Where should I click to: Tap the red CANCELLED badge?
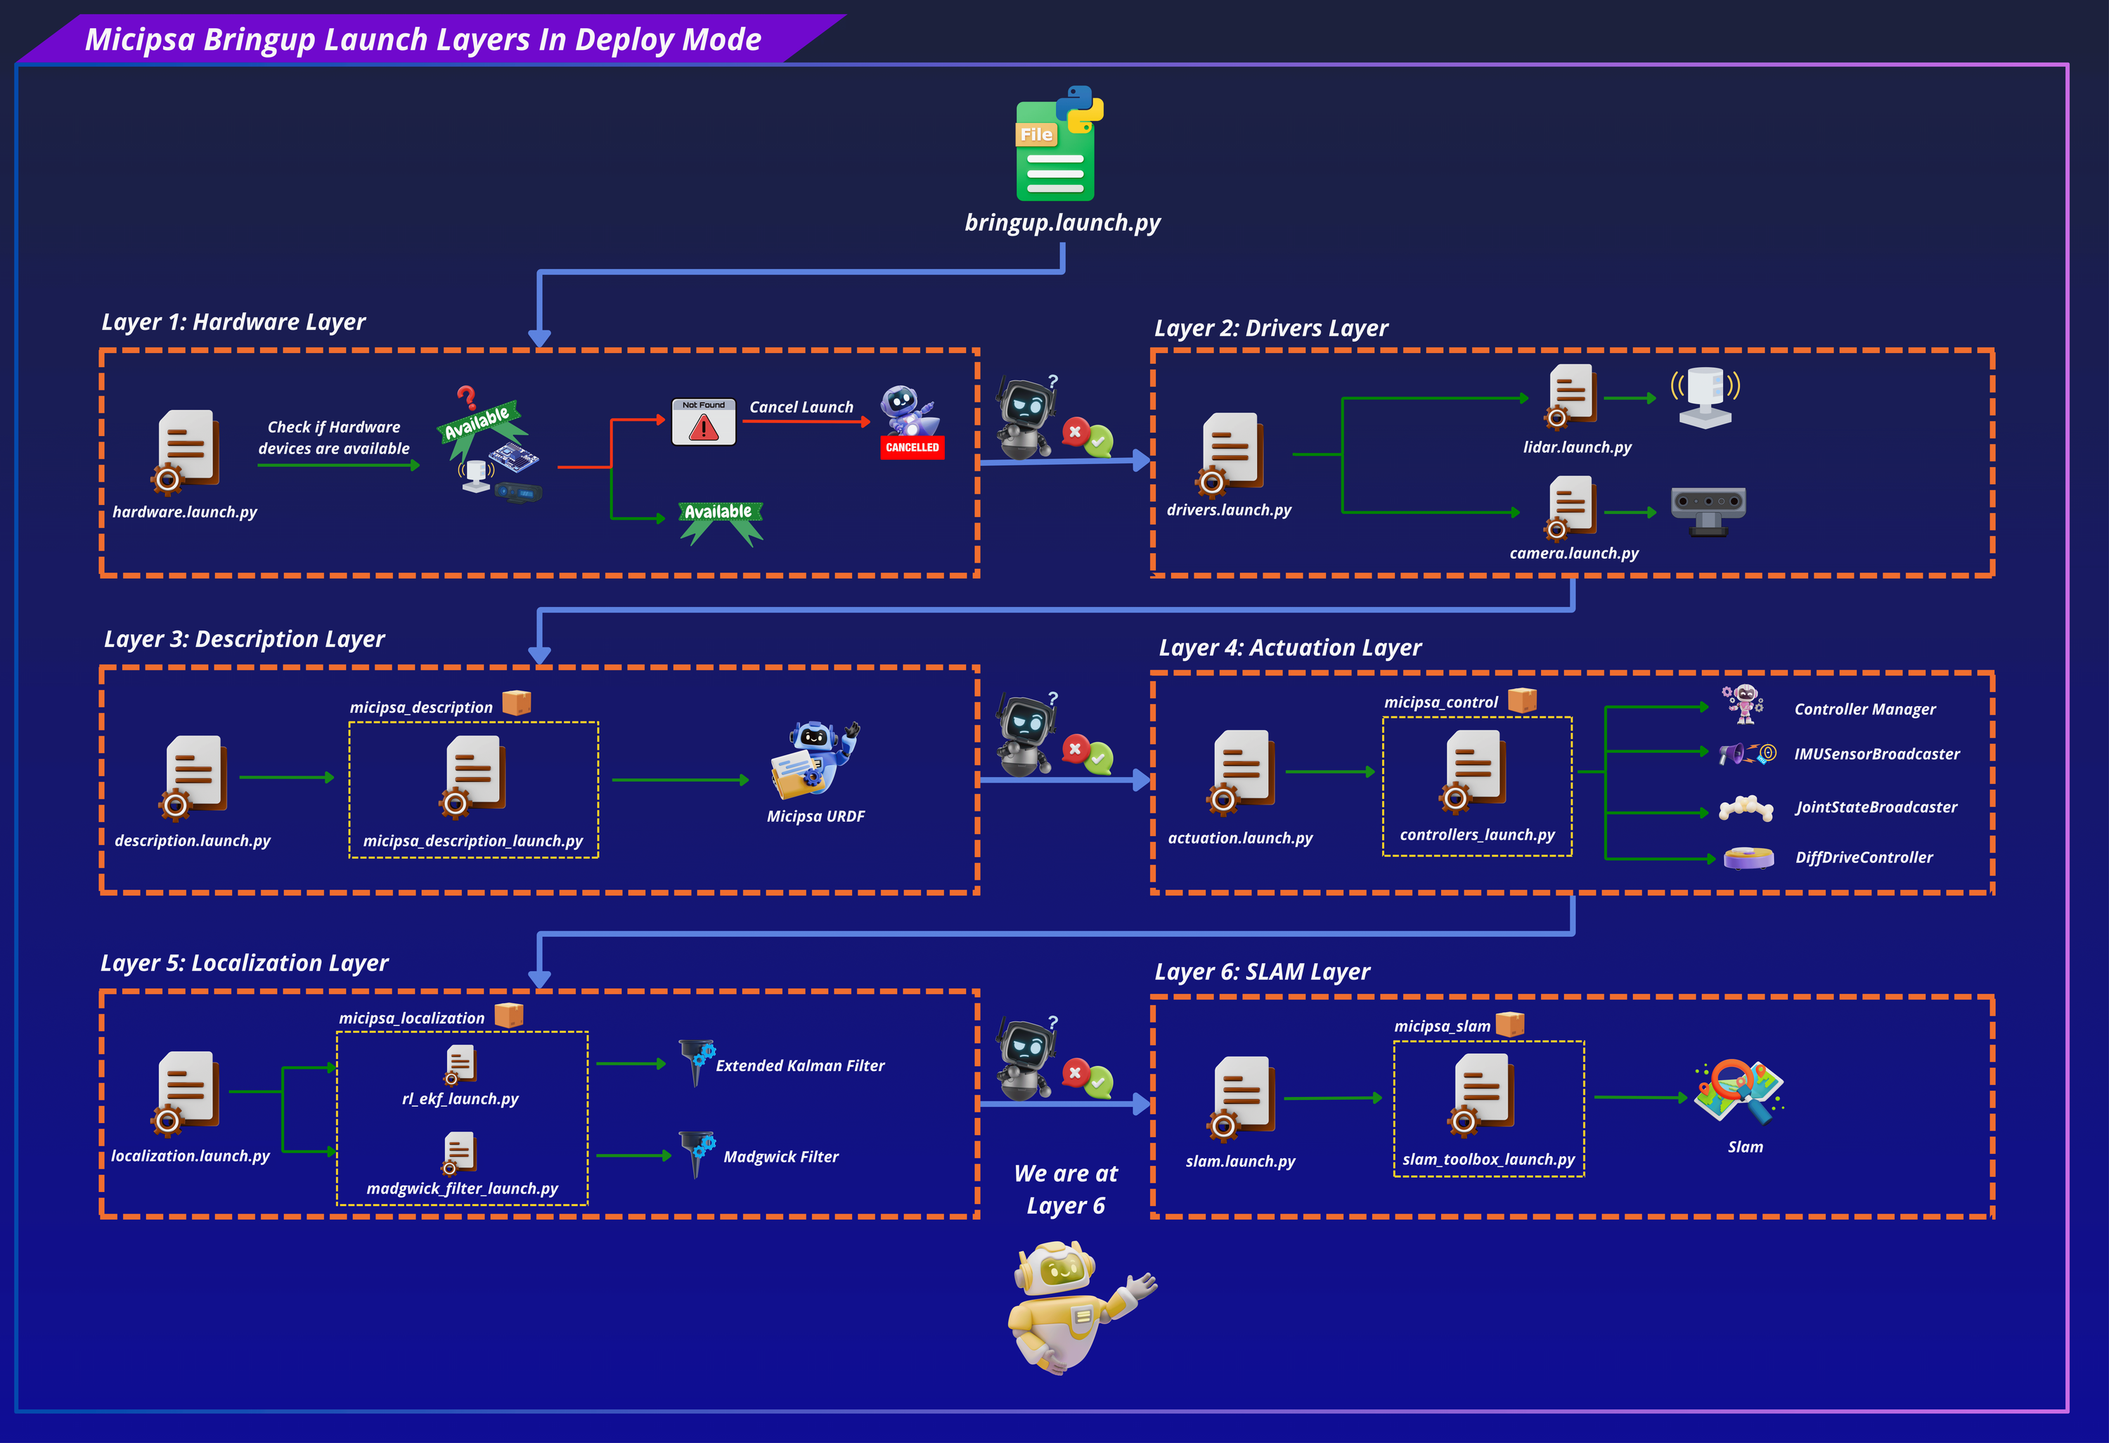click(x=912, y=447)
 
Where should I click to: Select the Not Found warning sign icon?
click(x=703, y=422)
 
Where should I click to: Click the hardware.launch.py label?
click(x=185, y=512)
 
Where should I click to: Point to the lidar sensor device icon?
click(x=1705, y=397)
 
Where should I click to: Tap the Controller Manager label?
click(x=1865, y=710)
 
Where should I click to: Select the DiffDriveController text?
click(x=1864, y=858)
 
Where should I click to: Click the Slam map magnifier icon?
click(x=1738, y=1093)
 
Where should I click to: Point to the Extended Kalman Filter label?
click(x=799, y=1065)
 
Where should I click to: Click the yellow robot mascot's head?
click(x=1057, y=1270)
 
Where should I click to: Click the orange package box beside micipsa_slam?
click(x=1509, y=1024)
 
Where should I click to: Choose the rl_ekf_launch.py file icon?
click(x=460, y=1065)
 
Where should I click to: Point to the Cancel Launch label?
click(x=801, y=407)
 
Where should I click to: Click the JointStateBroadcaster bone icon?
click(x=1746, y=808)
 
